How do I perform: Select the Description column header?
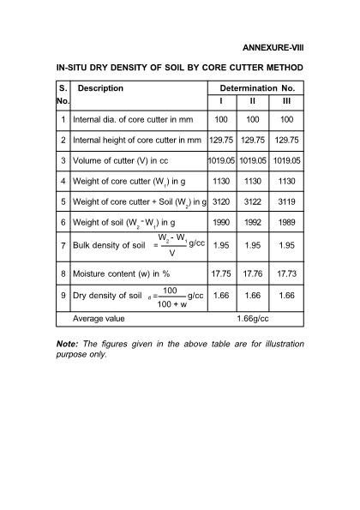pyautogui.click(x=101, y=88)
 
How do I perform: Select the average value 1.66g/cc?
pyautogui.click(x=254, y=318)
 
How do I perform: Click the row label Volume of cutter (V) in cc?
pyautogui.click(x=126, y=160)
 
